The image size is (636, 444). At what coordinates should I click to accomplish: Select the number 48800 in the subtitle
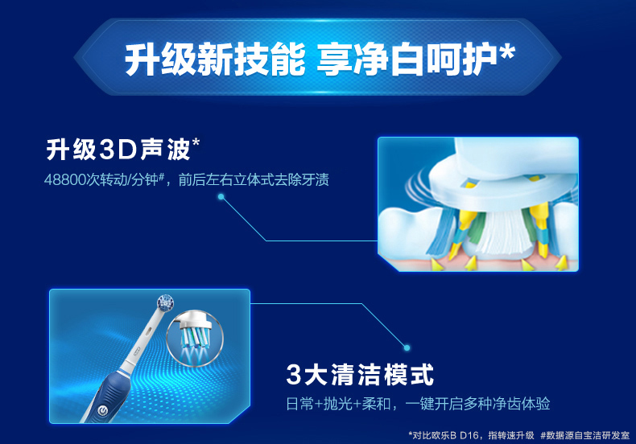[x=65, y=179]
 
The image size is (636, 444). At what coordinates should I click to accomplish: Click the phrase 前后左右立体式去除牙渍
[x=254, y=179]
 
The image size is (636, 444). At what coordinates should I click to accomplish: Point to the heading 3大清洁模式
[x=360, y=374]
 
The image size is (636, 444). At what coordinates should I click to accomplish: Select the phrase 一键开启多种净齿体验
[x=477, y=404]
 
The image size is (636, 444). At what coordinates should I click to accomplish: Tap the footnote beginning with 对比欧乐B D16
[x=471, y=435]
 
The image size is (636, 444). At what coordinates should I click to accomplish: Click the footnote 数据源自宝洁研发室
[x=585, y=435]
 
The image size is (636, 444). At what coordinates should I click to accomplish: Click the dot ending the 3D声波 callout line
[x=221, y=197]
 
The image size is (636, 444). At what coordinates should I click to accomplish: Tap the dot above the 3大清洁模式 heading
[x=407, y=347]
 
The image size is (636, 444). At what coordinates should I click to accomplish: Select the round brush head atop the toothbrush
[x=166, y=302]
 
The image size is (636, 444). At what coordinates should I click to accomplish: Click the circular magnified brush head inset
[x=195, y=338]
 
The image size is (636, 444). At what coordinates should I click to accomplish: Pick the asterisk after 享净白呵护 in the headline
[x=507, y=52]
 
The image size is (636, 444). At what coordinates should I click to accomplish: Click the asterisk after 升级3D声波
[x=196, y=142]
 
